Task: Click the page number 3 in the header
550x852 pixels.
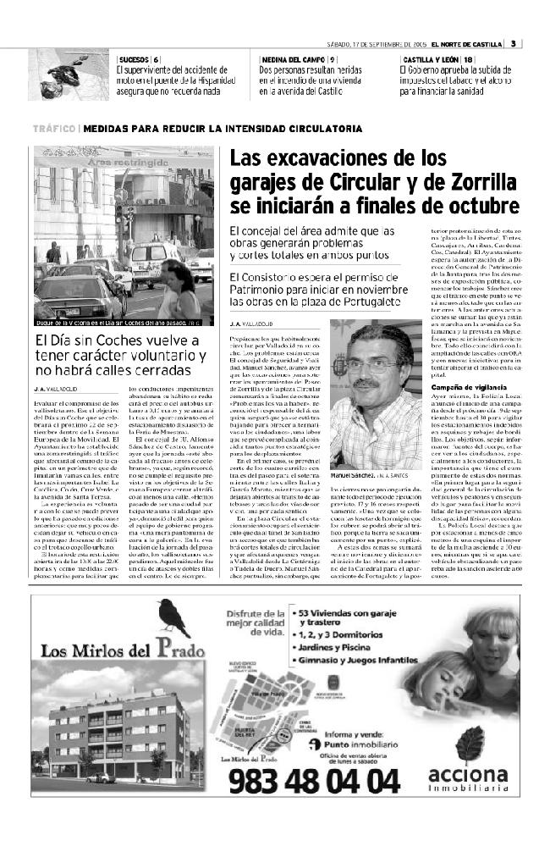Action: (514, 44)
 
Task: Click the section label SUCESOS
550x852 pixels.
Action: (133, 58)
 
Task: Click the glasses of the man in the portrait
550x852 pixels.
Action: (372, 366)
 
